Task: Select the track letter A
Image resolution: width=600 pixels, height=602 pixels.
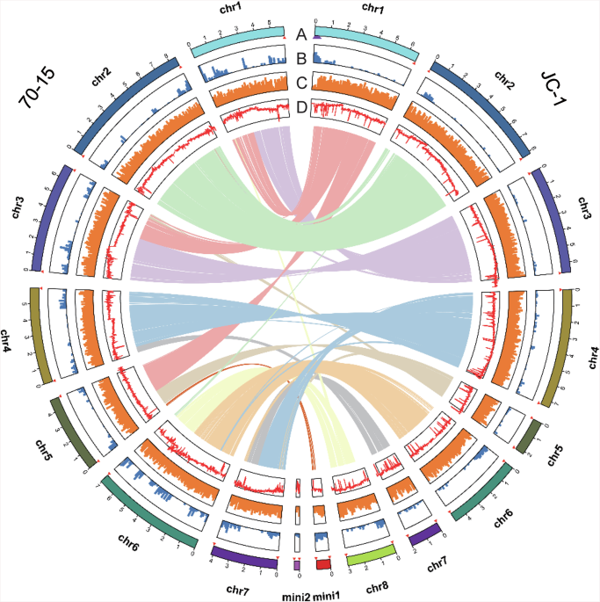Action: [x=300, y=34]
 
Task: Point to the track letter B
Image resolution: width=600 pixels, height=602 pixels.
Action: [x=300, y=60]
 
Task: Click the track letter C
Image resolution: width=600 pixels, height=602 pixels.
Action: [x=300, y=84]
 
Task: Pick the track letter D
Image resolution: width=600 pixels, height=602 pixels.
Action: [x=300, y=107]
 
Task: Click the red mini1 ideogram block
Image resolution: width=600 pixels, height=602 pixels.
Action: [x=323, y=564]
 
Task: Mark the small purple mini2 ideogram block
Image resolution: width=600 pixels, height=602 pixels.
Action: [x=297, y=564]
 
